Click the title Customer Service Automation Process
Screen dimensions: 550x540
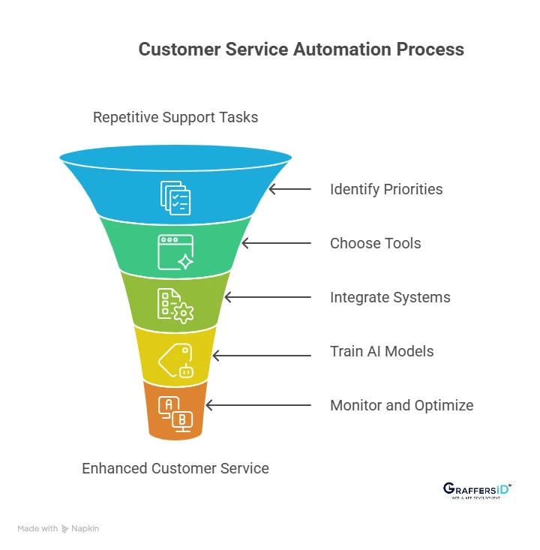pyautogui.click(x=301, y=50)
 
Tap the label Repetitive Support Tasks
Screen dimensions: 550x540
pyautogui.click(x=175, y=117)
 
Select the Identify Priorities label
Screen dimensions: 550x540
pyautogui.click(x=386, y=189)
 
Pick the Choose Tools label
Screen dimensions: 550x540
pyautogui.click(x=375, y=243)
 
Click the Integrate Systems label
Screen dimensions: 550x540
pyautogui.click(x=390, y=297)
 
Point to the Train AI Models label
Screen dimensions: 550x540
pyautogui.click(x=382, y=351)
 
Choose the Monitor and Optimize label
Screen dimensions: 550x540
pyautogui.click(x=401, y=405)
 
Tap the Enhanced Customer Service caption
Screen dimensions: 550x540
pyautogui.click(x=175, y=468)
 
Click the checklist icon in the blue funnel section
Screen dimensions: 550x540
pyautogui.click(x=175, y=197)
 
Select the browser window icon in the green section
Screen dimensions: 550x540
pyautogui.click(x=175, y=251)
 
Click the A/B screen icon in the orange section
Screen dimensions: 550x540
pyautogui.click(x=176, y=412)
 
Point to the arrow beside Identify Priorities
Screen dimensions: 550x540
pyautogui.click(x=289, y=189)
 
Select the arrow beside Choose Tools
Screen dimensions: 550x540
pyautogui.click(x=276, y=243)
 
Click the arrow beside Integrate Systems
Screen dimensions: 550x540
pyautogui.click(x=268, y=297)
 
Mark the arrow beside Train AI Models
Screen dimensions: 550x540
pyautogui.click(x=262, y=351)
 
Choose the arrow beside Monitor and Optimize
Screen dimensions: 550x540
pyautogui.click(x=258, y=405)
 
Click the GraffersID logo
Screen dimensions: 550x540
pyautogui.click(x=476, y=490)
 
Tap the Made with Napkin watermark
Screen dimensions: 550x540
pyautogui.click(x=58, y=528)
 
